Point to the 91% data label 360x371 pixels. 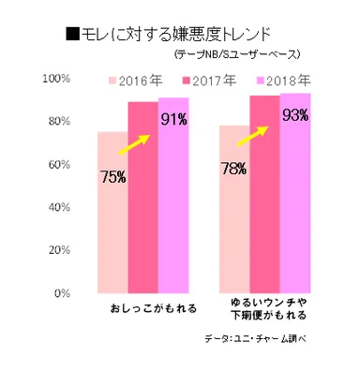pos(172,119)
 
